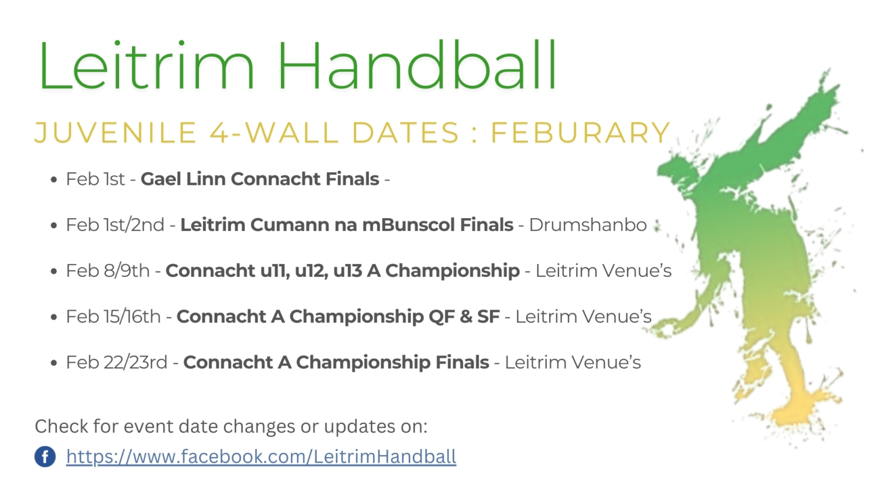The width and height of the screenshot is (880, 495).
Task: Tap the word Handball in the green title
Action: tap(417, 65)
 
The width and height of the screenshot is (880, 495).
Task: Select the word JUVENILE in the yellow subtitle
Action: tap(116, 133)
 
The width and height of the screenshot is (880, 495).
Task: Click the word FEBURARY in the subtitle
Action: tap(581, 133)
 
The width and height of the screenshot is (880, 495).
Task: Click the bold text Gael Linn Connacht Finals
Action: tap(260, 179)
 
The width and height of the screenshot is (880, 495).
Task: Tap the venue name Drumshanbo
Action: tap(588, 225)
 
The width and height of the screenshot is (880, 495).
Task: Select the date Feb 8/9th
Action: tap(107, 271)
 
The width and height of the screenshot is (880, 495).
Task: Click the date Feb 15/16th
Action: tap(113, 317)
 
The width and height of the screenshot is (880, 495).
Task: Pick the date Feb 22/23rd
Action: tap(117, 362)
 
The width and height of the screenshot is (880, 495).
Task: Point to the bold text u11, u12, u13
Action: tap(311, 271)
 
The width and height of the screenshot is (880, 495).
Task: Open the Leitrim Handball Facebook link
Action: tap(261, 456)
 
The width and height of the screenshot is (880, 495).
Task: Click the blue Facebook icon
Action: tap(45, 456)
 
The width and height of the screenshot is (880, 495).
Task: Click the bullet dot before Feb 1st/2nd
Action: tap(54, 225)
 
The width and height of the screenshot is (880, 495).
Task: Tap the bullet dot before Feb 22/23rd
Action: tap(54, 363)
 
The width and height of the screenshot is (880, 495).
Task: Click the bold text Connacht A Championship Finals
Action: tap(336, 362)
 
